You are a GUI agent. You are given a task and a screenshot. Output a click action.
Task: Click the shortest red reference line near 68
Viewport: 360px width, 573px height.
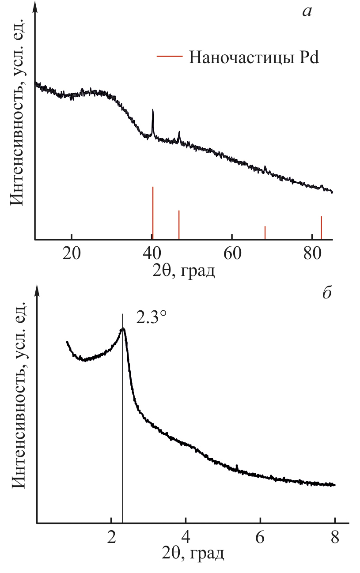coord(265,233)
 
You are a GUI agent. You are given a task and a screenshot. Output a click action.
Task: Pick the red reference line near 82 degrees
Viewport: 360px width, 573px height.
coord(321,228)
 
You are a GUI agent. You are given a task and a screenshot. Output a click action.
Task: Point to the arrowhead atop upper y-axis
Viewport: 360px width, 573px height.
coord(35,6)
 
